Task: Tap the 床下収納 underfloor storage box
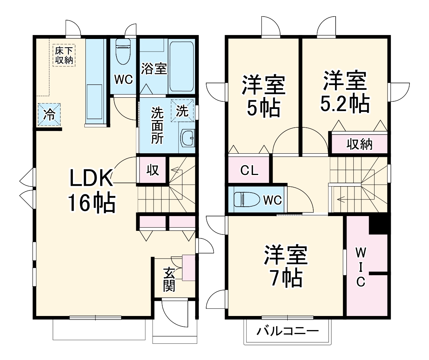(64, 55)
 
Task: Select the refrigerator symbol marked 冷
(49, 114)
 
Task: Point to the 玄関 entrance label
(169, 279)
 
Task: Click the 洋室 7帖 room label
(286, 266)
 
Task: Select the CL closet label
(249, 171)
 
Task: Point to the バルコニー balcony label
(287, 331)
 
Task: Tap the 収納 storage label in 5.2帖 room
(359, 144)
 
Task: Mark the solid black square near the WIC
(379, 224)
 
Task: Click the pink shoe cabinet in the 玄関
(189, 267)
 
